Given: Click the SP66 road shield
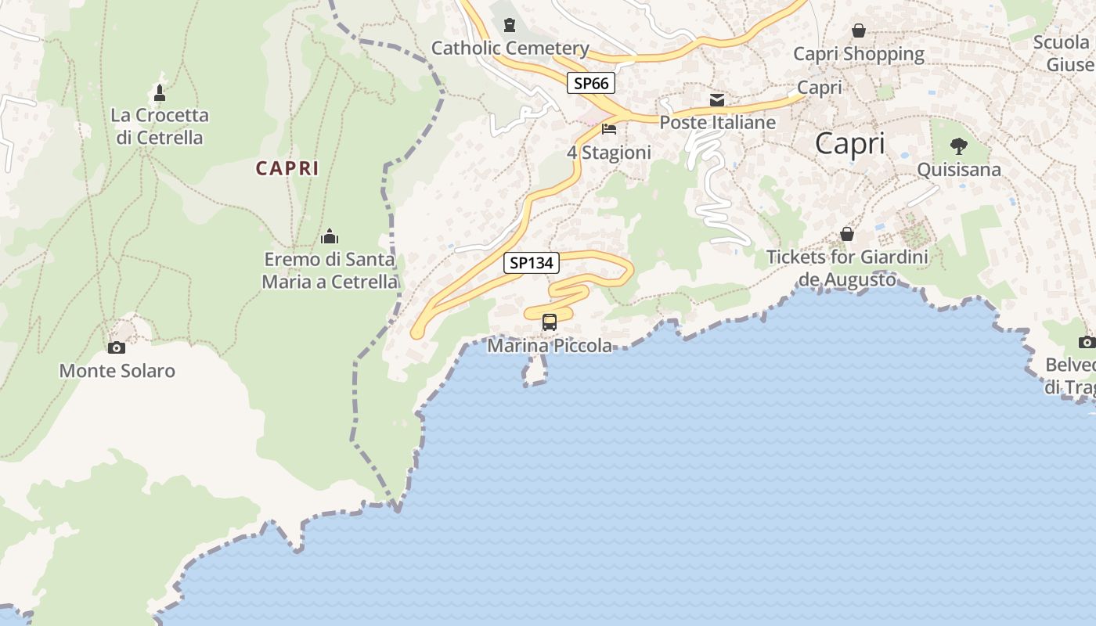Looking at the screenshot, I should [x=590, y=83].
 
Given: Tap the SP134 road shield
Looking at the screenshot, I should [x=532, y=263].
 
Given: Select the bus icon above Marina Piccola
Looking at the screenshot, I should [x=550, y=322].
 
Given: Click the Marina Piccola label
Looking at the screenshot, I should [x=550, y=345].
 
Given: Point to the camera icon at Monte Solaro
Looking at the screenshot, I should [x=117, y=347].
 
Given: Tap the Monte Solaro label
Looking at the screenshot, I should [x=117, y=371].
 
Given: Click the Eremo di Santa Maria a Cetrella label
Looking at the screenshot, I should [x=330, y=271].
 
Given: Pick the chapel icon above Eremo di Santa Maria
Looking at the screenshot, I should [x=330, y=236].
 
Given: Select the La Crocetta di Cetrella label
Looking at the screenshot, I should [x=160, y=127].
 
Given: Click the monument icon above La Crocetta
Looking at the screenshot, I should [x=160, y=93].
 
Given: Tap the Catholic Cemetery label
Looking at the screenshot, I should [x=510, y=49].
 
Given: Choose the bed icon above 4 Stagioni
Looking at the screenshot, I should [x=609, y=129].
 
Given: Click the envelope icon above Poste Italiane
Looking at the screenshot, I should [x=717, y=99].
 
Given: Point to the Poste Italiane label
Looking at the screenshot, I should [x=717, y=123].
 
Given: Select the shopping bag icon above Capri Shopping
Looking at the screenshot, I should [x=859, y=31].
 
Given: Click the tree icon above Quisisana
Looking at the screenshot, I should [x=958, y=146].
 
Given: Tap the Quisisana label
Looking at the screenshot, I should [x=958, y=170].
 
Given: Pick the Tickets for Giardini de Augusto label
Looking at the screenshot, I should [x=847, y=268].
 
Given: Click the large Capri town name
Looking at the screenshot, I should [x=850, y=144].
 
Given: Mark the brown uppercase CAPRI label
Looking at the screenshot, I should [x=287, y=168].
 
